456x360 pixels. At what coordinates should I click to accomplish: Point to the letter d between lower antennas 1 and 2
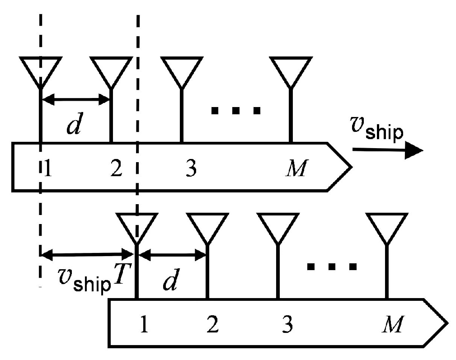tap(170, 281)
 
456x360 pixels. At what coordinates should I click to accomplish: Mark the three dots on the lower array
tap(332, 266)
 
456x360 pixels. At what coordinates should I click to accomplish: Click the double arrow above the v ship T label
tap(89, 255)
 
